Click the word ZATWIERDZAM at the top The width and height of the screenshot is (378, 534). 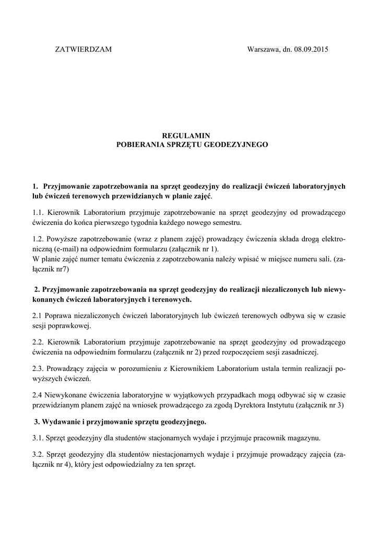84,50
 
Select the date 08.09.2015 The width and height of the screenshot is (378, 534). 311,50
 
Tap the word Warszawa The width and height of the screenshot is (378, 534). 263,50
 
